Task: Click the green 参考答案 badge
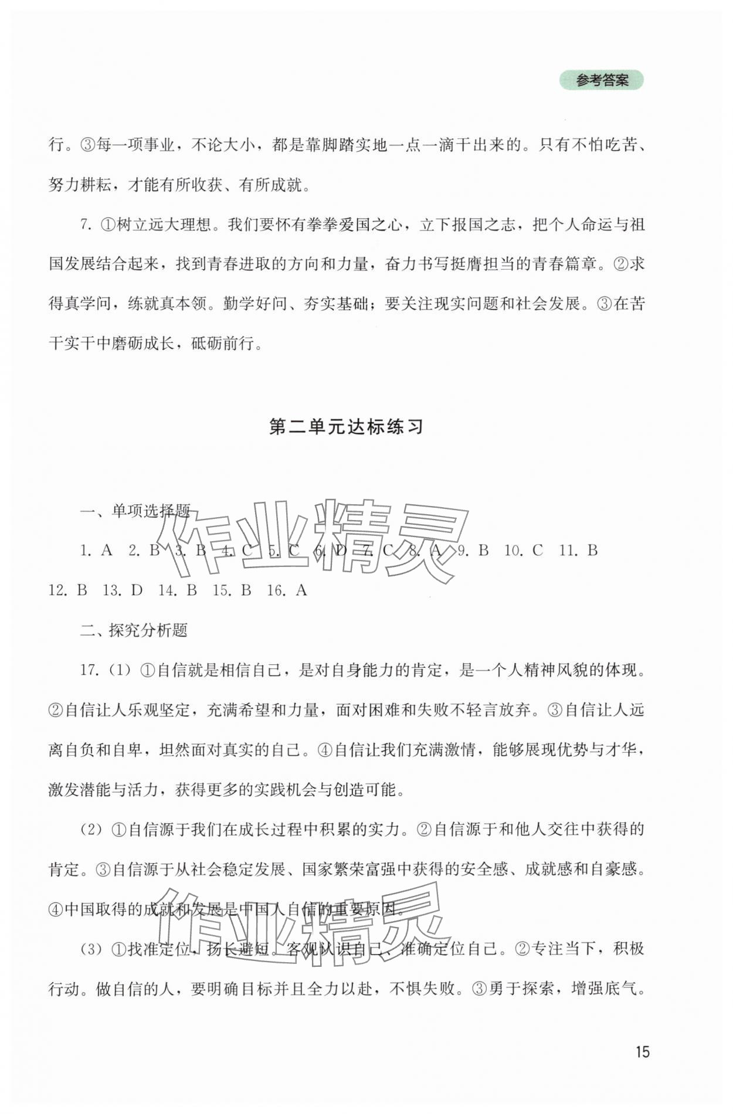click(x=601, y=80)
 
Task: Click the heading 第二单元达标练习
click(x=346, y=427)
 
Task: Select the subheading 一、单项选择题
click(x=135, y=511)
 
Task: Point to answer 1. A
click(x=96, y=550)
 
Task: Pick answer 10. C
click(x=523, y=550)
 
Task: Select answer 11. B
click(x=578, y=550)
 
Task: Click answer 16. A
click(x=287, y=590)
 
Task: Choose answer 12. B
click(x=68, y=590)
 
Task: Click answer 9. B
click(x=473, y=550)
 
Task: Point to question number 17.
click(x=88, y=670)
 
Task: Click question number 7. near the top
click(x=86, y=225)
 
